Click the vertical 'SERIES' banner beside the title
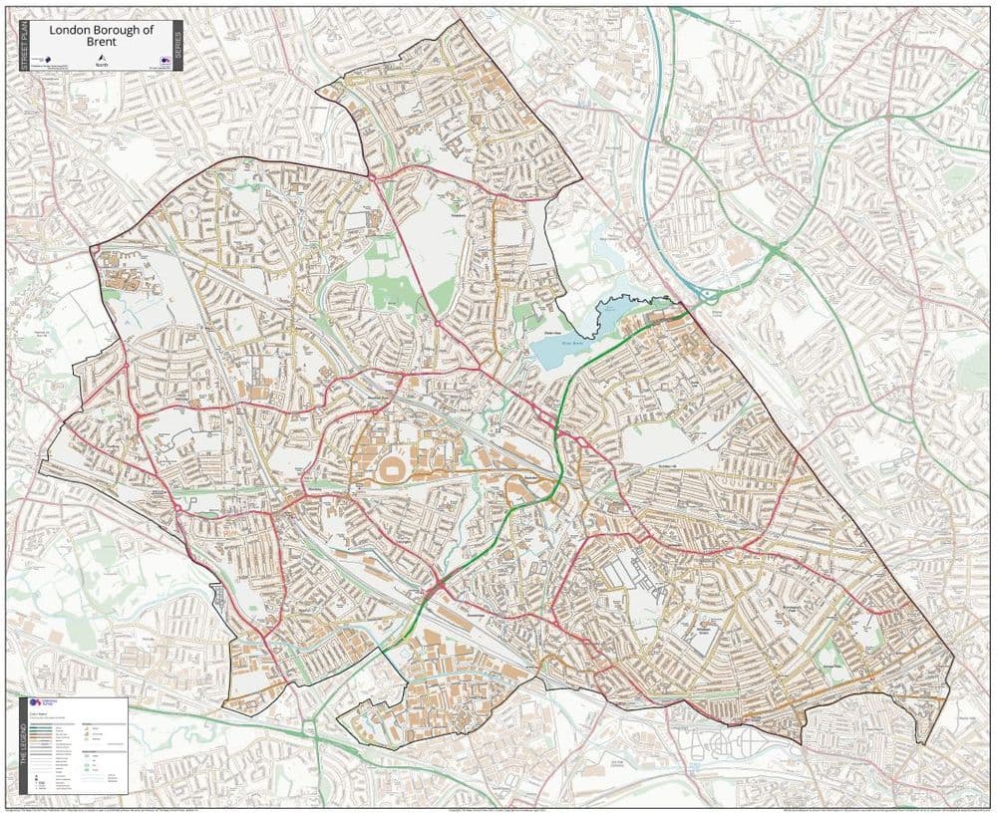[x=177, y=46]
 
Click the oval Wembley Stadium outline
[x=390, y=466]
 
